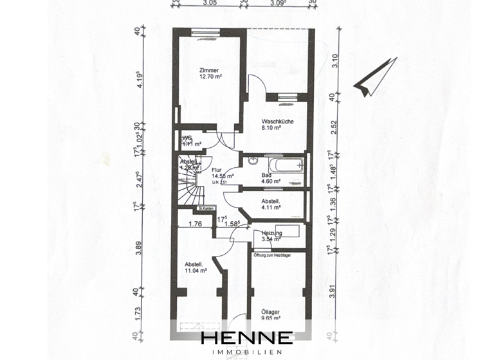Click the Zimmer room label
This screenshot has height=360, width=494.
(209, 71)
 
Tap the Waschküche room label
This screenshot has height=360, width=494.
(277, 122)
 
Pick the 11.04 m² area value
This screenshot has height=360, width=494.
(195, 271)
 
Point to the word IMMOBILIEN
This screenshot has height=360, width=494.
(247, 352)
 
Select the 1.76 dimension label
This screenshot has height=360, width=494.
(196, 224)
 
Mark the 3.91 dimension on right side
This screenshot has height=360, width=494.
(333, 291)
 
